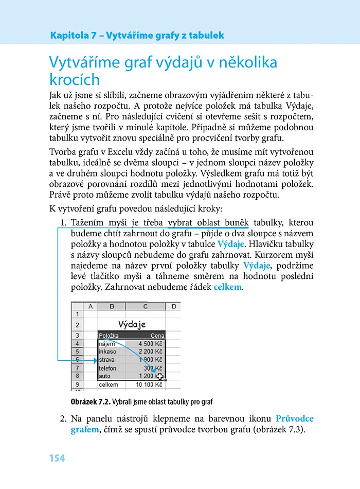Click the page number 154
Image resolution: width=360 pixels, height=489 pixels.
(x=57, y=458)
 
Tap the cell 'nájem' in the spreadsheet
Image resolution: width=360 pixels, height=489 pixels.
(x=107, y=343)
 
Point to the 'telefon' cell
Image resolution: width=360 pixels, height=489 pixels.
(x=107, y=368)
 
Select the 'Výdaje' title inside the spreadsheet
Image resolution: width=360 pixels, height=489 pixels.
(x=132, y=324)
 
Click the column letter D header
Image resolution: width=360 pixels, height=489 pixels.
(x=173, y=307)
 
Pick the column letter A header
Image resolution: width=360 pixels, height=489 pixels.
(x=91, y=307)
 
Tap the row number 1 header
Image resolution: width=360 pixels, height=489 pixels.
(x=78, y=314)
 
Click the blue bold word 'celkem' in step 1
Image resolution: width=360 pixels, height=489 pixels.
(x=227, y=287)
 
